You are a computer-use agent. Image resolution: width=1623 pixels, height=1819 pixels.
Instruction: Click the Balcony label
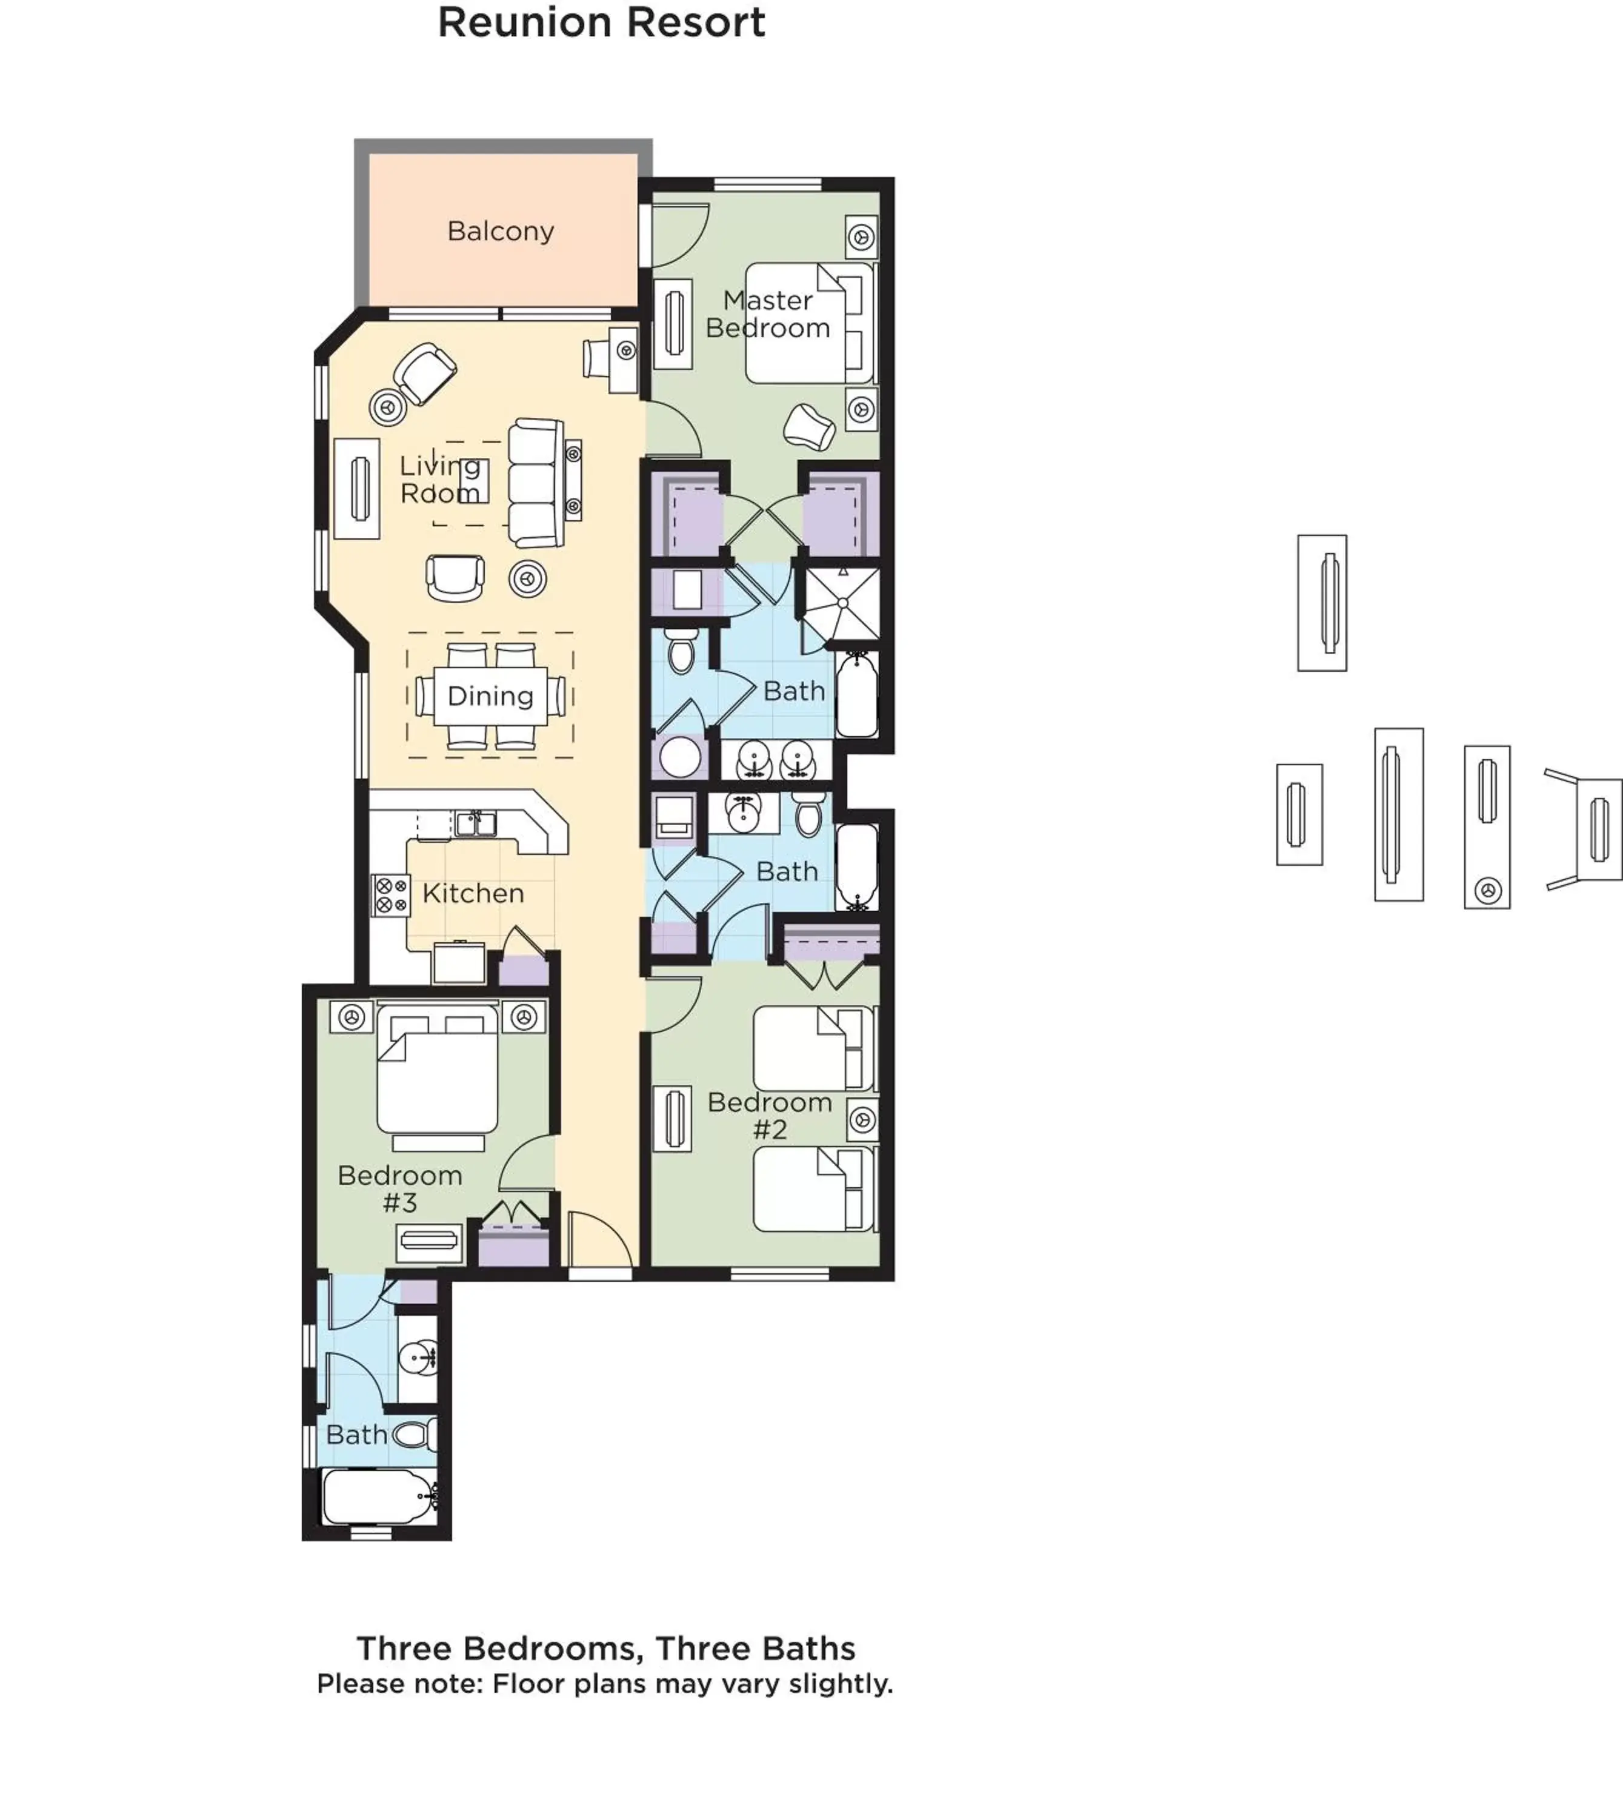[x=500, y=231]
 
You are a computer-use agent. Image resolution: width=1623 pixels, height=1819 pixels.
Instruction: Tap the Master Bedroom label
[x=768, y=314]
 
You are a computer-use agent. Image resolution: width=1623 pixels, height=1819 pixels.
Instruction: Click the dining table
[x=490, y=696]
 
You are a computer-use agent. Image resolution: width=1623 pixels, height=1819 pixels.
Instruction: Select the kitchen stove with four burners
[x=390, y=895]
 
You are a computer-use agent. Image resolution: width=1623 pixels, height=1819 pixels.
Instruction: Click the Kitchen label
[x=473, y=893]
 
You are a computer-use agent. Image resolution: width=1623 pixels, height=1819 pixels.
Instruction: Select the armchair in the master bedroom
[x=809, y=426]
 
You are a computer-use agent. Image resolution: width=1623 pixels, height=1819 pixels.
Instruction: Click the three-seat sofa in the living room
[x=536, y=483]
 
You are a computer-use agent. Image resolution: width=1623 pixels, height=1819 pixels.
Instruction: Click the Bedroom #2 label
[x=770, y=1115]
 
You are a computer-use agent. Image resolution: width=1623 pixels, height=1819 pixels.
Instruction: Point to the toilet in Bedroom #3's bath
[x=415, y=1435]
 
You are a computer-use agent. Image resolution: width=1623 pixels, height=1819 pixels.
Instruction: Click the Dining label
[x=490, y=696]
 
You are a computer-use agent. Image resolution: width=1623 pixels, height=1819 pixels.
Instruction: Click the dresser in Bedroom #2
[x=672, y=1119]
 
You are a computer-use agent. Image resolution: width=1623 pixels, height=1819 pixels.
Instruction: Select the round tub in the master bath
[x=681, y=757]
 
